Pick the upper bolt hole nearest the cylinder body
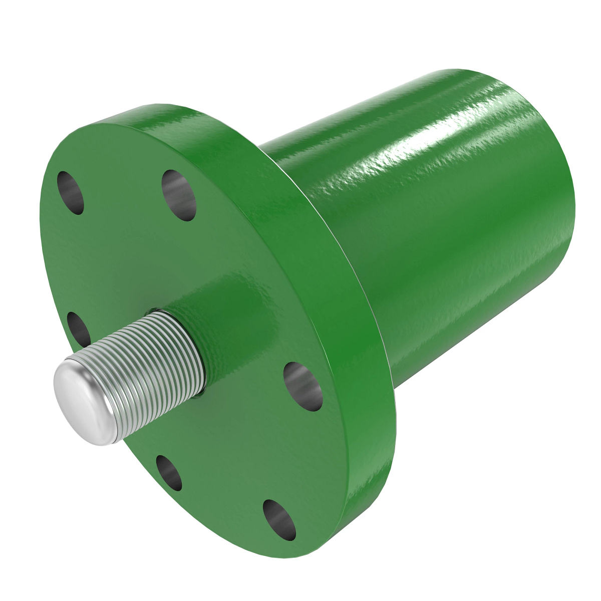pyautogui.click(x=179, y=195)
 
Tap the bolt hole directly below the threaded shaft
pyautogui.click(x=169, y=472)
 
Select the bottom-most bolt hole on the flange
pyautogui.click(x=279, y=520)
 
